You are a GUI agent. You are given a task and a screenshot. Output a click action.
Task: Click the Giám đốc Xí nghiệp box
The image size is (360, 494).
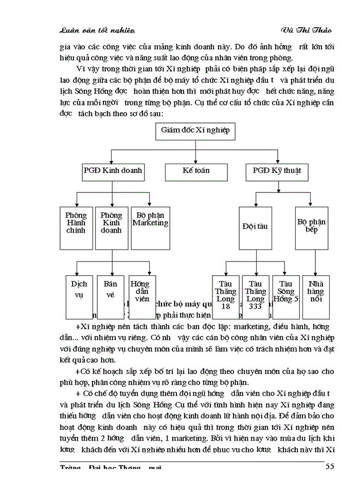(x=195, y=131)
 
